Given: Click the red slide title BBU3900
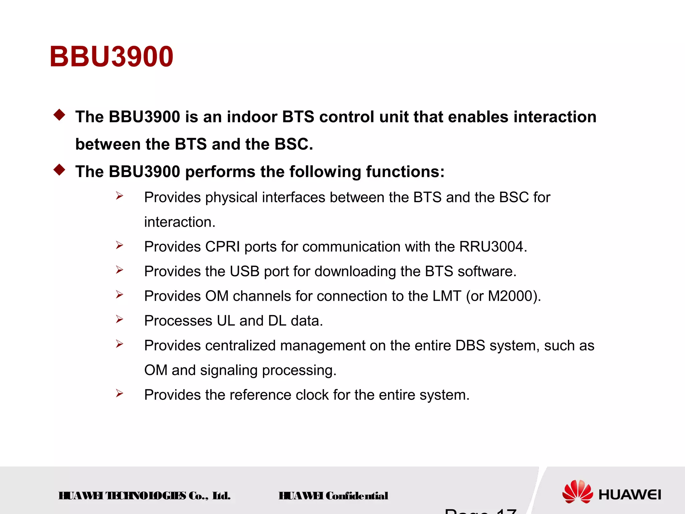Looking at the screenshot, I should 111,57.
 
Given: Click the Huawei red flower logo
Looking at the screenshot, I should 577,492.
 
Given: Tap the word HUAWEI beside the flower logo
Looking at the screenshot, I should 629,495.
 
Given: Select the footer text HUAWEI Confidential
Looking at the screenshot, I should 333,496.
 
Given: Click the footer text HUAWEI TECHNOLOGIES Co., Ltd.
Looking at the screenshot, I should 144,496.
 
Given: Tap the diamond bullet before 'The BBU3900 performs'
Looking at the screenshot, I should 59,170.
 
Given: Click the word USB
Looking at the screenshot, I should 244,271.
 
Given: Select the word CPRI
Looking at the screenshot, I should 222,247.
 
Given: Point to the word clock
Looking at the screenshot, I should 312,395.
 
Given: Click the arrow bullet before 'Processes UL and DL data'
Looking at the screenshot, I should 119,319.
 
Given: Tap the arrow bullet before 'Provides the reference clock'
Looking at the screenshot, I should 119,393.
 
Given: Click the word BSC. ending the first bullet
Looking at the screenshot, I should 294,144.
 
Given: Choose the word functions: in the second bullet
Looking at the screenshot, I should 405,172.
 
